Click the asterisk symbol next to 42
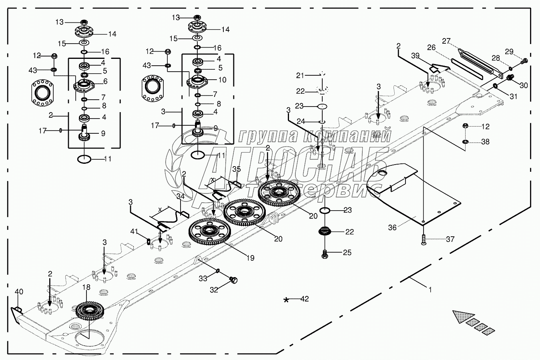coord(286,300)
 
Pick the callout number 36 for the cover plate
coord(393,227)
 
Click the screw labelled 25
coord(325,253)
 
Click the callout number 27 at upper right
coord(446,41)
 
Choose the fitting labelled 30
coord(510,77)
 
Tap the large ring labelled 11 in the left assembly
coord(83,159)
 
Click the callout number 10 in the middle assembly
coord(222,80)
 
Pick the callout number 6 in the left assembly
coord(105,81)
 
